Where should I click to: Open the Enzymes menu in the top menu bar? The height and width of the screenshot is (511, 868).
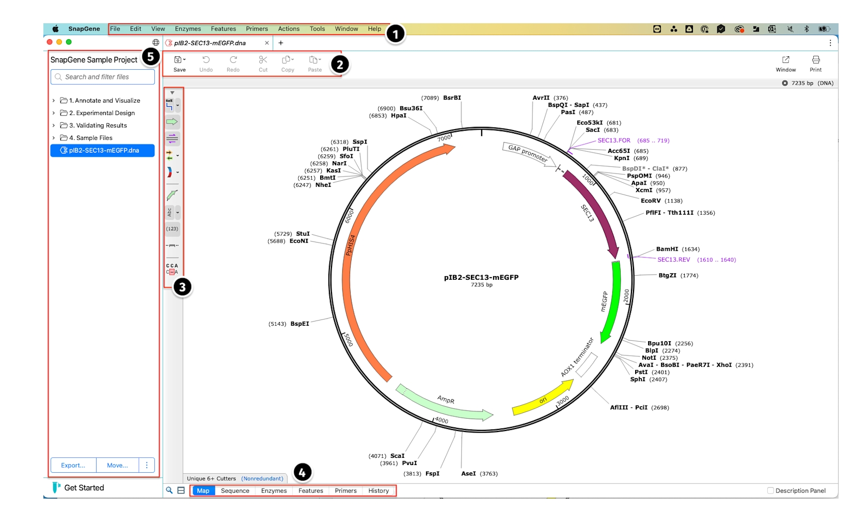click(x=187, y=29)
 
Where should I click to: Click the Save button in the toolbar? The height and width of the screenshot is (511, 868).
click(x=179, y=64)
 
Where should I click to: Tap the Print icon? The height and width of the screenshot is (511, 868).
click(x=816, y=64)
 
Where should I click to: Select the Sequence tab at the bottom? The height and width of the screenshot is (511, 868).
click(x=235, y=490)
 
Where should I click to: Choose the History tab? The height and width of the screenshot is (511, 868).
click(x=378, y=490)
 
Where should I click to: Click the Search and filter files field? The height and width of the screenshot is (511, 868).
click(x=103, y=77)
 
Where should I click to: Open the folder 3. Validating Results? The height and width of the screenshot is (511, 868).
click(x=98, y=125)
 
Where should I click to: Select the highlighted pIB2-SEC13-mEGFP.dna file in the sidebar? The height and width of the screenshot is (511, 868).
click(x=103, y=150)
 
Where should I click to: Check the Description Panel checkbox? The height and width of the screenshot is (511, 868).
click(x=771, y=490)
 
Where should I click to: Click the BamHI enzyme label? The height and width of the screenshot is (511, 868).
click(x=667, y=249)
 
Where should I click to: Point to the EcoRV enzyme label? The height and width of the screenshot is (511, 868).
click(x=651, y=201)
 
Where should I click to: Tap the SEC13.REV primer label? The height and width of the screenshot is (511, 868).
click(x=674, y=260)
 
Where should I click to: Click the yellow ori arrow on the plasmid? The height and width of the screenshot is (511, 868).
click(x=543, y=399)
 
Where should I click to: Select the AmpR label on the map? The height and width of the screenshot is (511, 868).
click(x=446, y=400)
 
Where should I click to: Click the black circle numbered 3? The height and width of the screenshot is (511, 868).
click(x=182, y=287)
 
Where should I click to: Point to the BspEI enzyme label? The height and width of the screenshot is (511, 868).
click(x=299, y=324)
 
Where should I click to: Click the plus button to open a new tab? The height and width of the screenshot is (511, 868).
click(x=281, y=43)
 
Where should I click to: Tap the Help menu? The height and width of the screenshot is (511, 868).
click(x=374, y=29)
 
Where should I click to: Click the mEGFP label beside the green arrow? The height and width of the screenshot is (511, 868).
click(x=604, y=301)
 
